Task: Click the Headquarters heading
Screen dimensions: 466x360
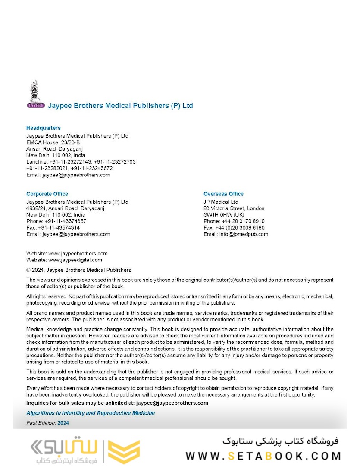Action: (x=44, y=128)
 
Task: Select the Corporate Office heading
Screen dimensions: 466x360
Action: (x=47, y=194)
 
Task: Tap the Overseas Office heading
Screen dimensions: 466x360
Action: (x=223, y=194)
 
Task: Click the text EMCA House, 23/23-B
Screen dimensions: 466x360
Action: (x=53, y=142)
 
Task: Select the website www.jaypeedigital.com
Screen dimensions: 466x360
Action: (x=75, y=260)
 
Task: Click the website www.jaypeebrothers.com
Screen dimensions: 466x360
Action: (x=78, y=254)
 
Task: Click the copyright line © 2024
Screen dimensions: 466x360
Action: (x=78, y=270)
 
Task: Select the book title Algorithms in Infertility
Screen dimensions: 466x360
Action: (x=91, y=413)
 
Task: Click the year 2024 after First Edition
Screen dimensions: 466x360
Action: (x=63, y=423)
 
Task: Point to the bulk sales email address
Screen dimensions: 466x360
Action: (x=172, y=403)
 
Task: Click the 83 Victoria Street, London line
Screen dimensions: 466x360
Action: (x=234, y=208)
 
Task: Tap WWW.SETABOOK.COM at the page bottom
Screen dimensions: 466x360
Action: (x=263, y=456)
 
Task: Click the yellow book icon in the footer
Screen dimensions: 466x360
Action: (x=123, y=452)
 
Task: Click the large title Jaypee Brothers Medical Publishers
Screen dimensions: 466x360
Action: (x=120, y=106)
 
